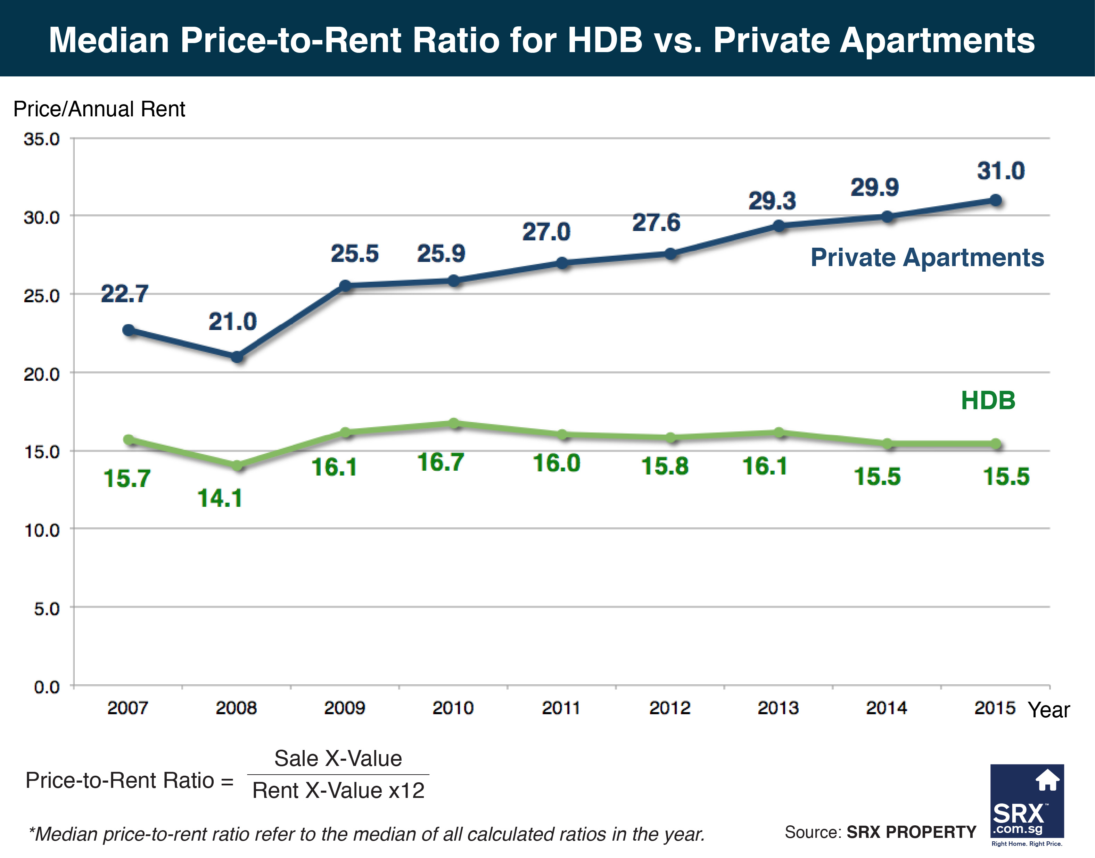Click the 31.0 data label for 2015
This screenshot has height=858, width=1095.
pyautogui.click(x=1000, y=171)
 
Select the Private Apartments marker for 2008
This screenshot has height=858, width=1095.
pyautogui.click(x=237, y=357)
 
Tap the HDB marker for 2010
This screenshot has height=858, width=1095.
pyautogui.click(x=454, y=423)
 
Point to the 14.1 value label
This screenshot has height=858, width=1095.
pyautogui.click(x=220, y=498)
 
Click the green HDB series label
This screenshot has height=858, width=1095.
pyautogui.click(x=988, y=401)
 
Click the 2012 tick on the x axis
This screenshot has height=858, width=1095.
pyautogui.click(x=669, y=708)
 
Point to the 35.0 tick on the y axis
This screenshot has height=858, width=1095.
pyautogui.click(x=42, y=139)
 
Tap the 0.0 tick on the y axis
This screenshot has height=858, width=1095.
pyautogui.click(x=47, y=687)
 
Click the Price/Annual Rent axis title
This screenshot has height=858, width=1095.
pyautogui.click(x=99, y=109)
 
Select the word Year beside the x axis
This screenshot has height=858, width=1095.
pyautogui.click(x=1048, y=710)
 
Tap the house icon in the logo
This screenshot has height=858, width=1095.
pyautogui.click(x=1047, y=780)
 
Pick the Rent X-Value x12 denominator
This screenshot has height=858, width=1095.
pyautogui.click(x=338, y=790)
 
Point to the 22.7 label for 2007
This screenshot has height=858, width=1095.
pyautogui.click(x=125, y=294)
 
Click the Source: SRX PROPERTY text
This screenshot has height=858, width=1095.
pyautogui.click(x=880, y=832)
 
